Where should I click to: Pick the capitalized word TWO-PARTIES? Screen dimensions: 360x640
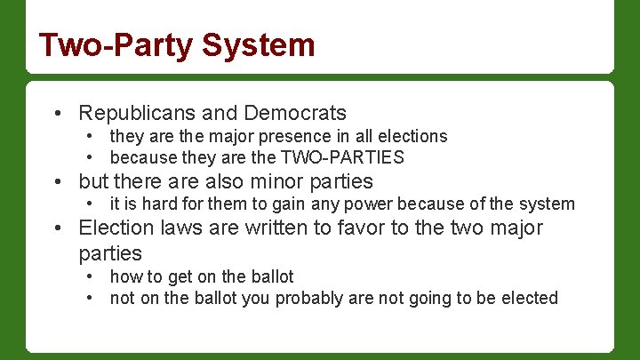tap(342, 158)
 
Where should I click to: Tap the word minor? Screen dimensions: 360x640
tap(271, 181)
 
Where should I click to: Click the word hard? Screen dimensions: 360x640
tap(146, 204)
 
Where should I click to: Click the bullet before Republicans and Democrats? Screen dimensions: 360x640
tap(57, 114)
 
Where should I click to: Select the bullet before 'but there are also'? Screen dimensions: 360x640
tap(57, 182)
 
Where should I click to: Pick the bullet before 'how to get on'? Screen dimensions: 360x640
tap(91, 276)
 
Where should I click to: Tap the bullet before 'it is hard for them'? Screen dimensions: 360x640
tap(91, 204)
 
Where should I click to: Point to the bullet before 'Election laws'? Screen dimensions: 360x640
tap(57, 228)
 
